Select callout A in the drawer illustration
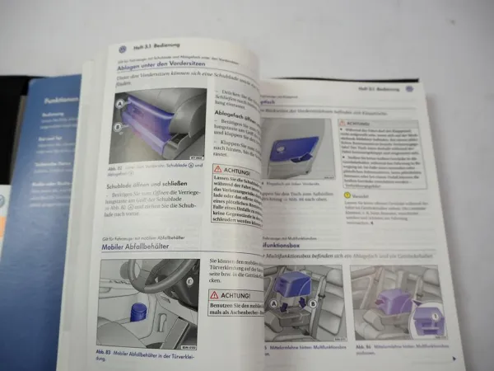pyautogui.click(x=121, y=104)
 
